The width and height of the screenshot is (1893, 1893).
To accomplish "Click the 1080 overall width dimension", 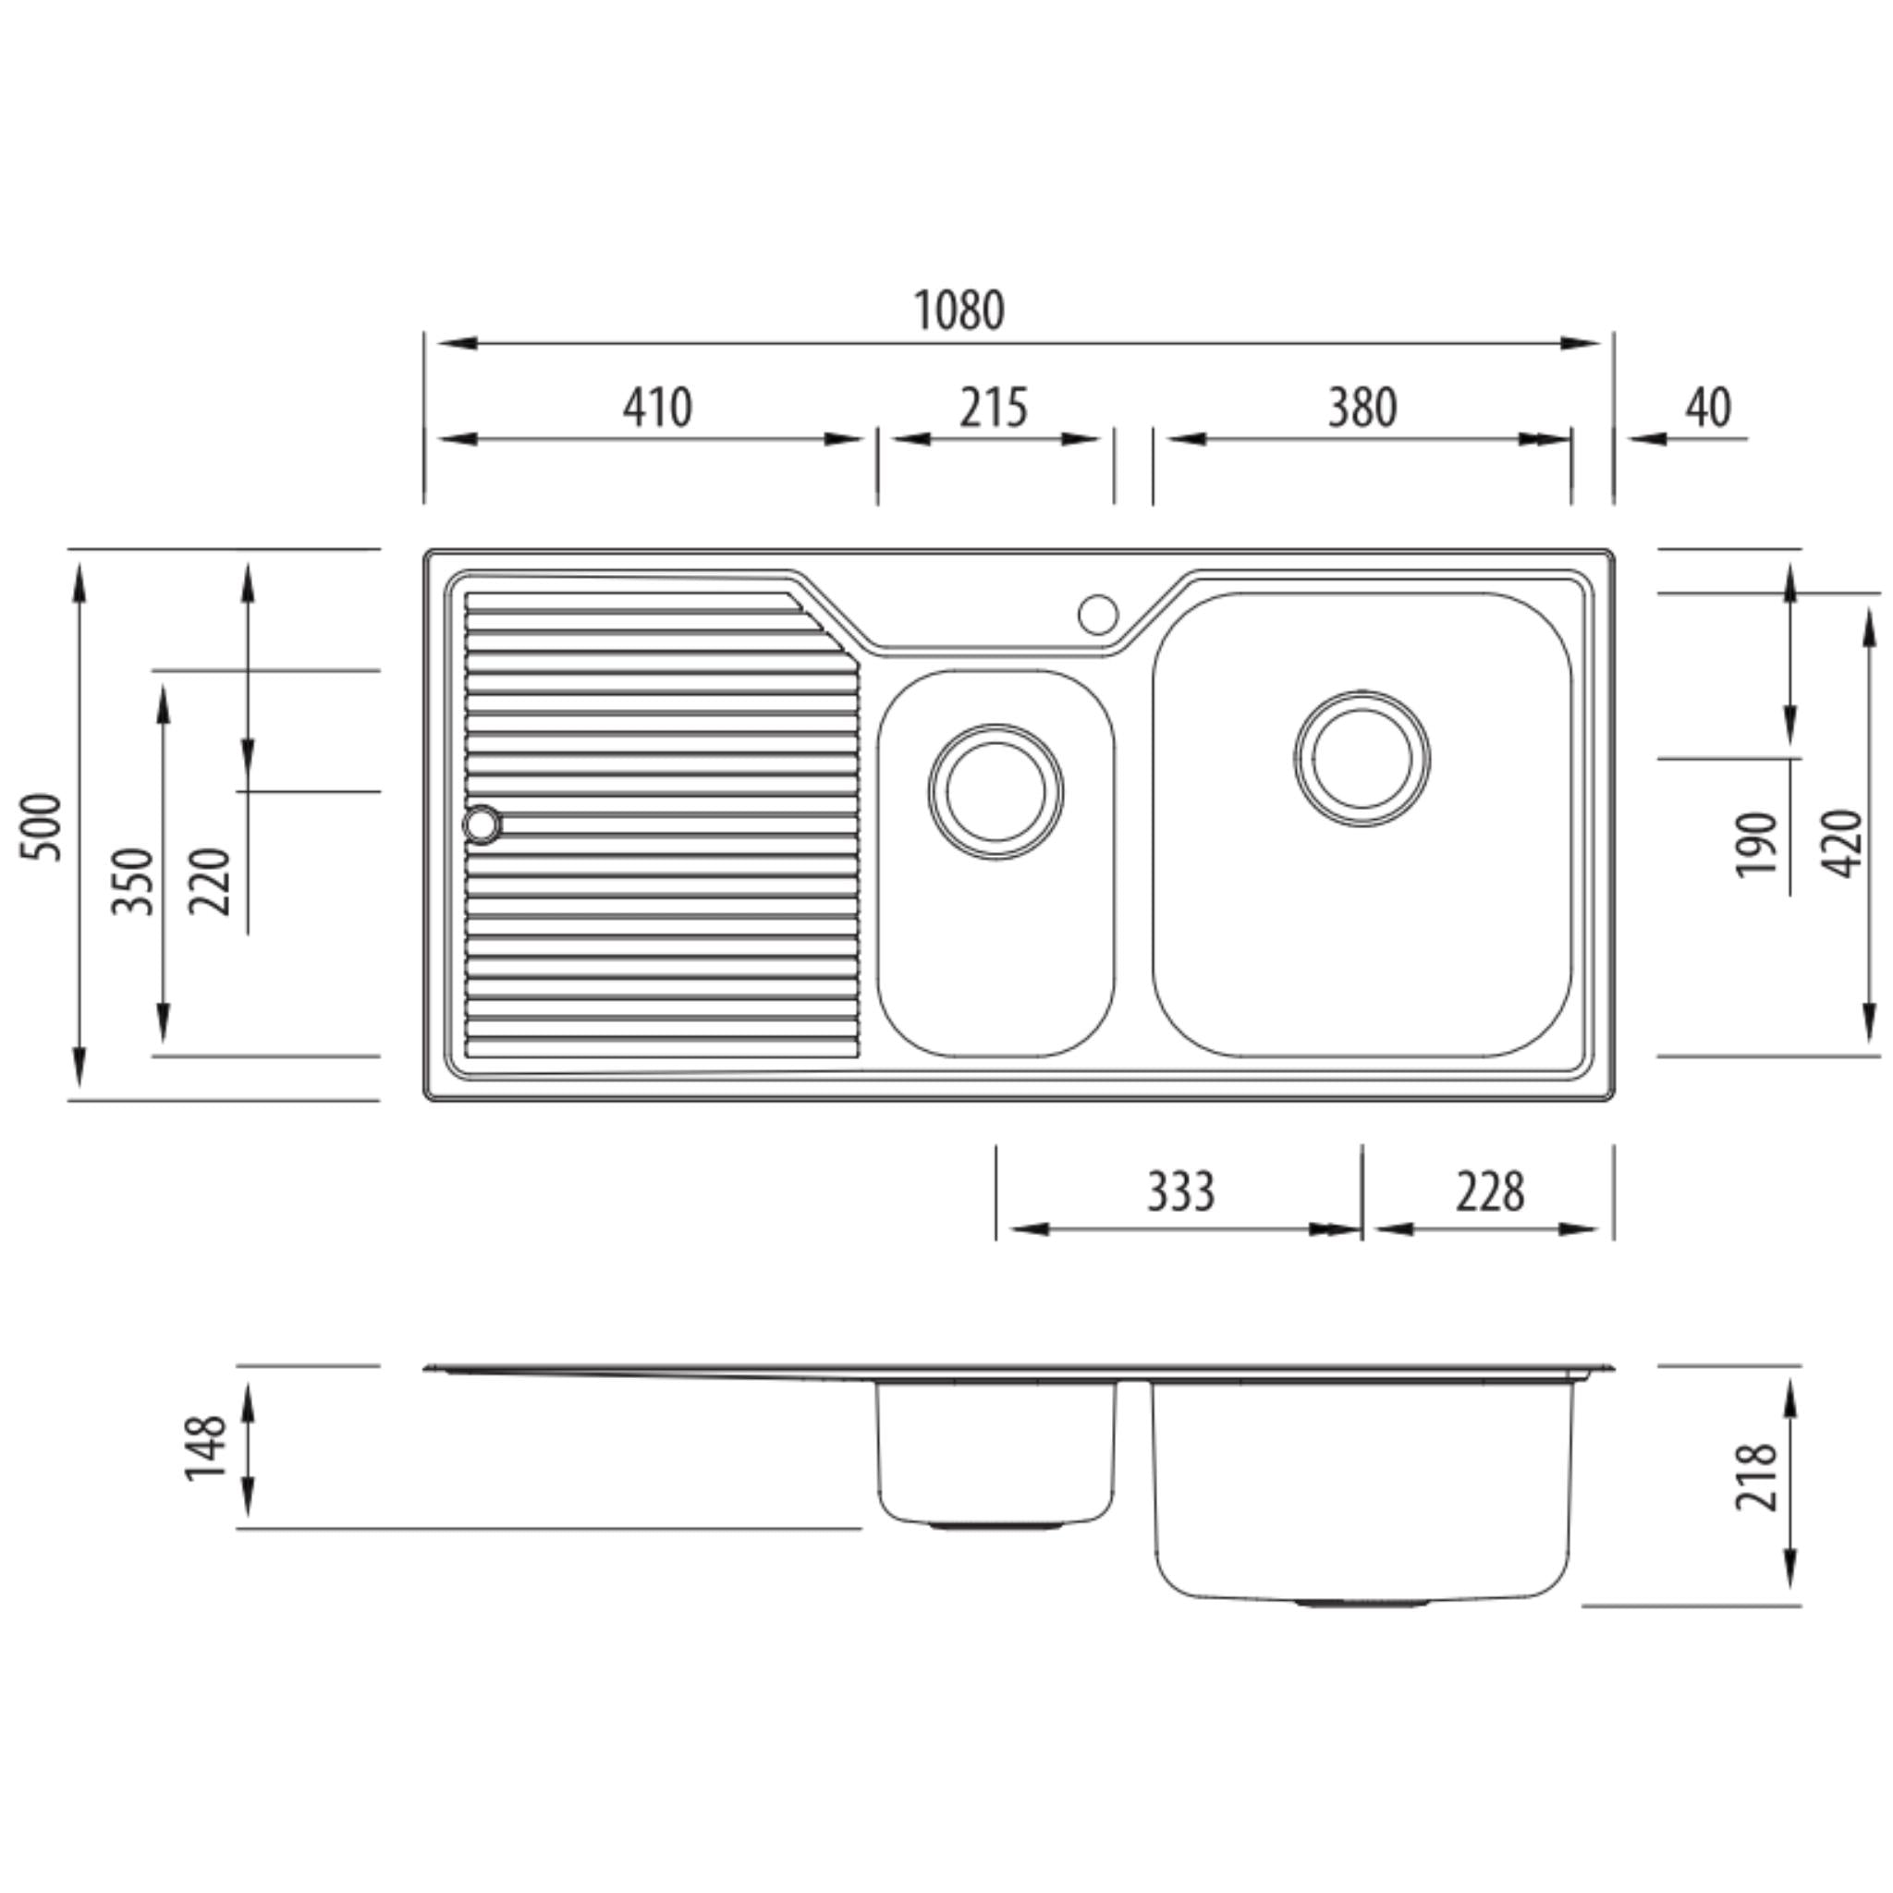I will click(959, 311).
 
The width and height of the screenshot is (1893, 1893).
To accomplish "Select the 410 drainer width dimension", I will click(656, 408).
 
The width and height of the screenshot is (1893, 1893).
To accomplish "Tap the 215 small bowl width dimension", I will click(993, 408).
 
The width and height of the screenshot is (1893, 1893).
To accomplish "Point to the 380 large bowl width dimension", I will click(1361, 408).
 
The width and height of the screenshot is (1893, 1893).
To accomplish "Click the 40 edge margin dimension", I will click(1708, 408).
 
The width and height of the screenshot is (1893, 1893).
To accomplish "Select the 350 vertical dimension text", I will click(133, 881).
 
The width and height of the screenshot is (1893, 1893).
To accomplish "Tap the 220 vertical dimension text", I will click(210, 881).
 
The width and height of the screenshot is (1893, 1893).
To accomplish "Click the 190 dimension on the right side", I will click(1756, 845).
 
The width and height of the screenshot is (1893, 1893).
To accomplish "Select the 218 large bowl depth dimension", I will click(1756, 1478).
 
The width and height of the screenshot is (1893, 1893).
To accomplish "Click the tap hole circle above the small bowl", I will click(1097, 615).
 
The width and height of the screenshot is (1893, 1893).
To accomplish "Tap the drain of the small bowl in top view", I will click(995, 792).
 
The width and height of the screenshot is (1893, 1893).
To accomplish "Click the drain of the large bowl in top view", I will click(1361, 758).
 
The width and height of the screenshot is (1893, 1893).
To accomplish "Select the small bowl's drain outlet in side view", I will click(995, 1527).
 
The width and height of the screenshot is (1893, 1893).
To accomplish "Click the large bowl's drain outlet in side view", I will click(1361, 1604).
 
